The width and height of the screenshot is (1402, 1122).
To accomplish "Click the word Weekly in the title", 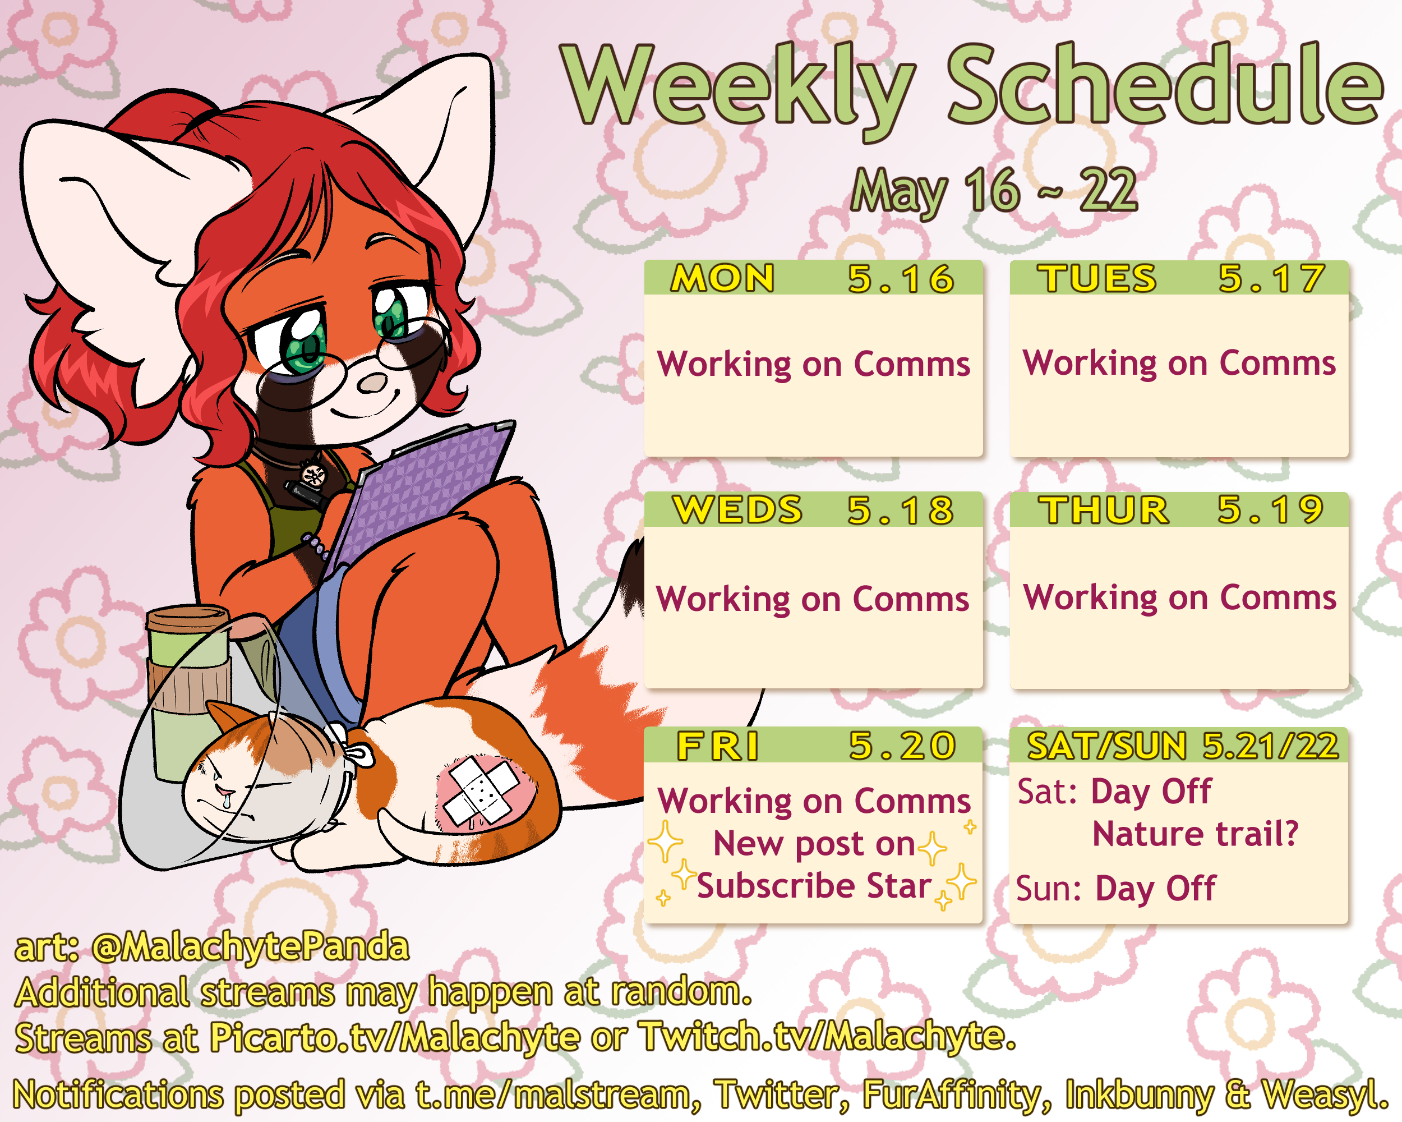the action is [x=738, y=88].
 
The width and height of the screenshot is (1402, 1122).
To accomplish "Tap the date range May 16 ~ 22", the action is [x=994, y=191].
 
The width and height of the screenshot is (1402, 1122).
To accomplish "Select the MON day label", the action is [x=722, y=278].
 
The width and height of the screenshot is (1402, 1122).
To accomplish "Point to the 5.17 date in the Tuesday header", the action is [x=1271, y=278].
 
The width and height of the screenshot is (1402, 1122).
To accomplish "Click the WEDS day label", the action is [x=737, y=509].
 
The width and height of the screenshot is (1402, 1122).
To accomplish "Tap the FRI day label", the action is [x=718, y=746].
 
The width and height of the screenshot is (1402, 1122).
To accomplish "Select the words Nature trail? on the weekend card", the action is [x=1195, y=834].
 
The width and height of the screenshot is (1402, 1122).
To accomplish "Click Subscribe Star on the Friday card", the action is [x=814, y=886].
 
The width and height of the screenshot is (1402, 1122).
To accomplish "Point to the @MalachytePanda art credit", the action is [x=250, y=947].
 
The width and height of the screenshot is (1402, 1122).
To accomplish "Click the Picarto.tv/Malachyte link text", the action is [x=395, y=1037].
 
